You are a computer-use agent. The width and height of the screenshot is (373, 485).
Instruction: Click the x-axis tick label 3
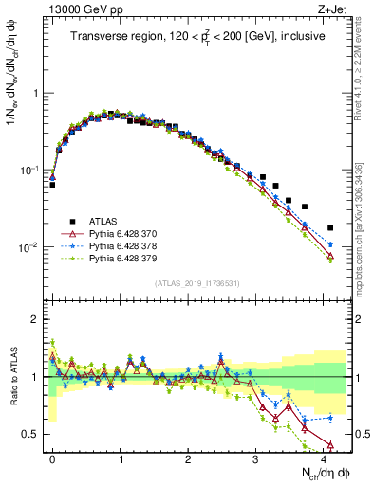[257, 458]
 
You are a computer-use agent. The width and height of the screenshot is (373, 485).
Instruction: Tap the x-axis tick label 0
[52, 458]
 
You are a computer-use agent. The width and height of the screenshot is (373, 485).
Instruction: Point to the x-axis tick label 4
[326, 458]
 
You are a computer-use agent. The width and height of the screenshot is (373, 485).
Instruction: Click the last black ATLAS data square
[330, 228]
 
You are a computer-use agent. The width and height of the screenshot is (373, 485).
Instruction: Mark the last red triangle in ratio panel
[330, 445]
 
